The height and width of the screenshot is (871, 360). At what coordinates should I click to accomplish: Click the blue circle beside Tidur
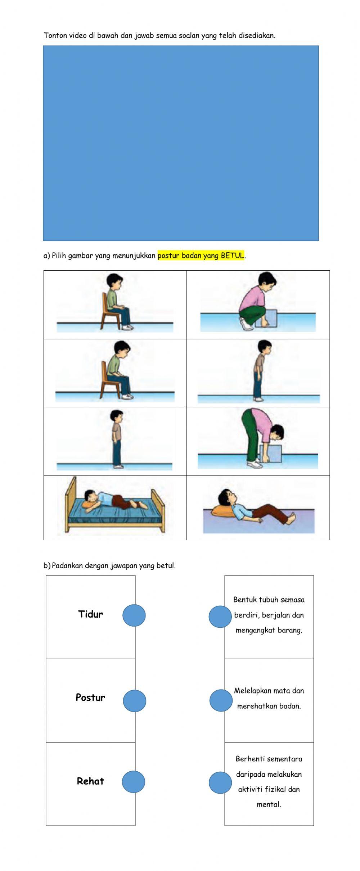tap(134, 615)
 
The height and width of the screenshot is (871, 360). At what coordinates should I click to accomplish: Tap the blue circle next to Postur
tap(134, 701)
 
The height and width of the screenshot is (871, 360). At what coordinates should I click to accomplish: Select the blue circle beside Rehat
tap(134, 782)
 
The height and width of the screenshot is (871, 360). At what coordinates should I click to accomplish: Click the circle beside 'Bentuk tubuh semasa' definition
tap(220, 617)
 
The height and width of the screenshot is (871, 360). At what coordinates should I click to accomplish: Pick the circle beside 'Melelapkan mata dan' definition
tap(221, 700)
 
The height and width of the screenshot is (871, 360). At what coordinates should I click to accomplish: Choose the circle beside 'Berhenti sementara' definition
tap(220, 782)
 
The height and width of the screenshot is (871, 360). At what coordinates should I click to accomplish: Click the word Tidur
tap(90, 614)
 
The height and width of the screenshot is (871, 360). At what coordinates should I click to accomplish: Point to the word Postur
tap(90, 698)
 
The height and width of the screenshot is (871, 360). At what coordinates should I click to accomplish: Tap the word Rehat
tap(90, 781)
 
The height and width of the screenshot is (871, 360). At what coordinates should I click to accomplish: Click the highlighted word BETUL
tap(232, 256)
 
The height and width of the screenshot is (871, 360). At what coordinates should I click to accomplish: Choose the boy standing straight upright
tap(117, 439)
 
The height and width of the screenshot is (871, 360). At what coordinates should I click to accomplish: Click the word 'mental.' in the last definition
tap(269, 804)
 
